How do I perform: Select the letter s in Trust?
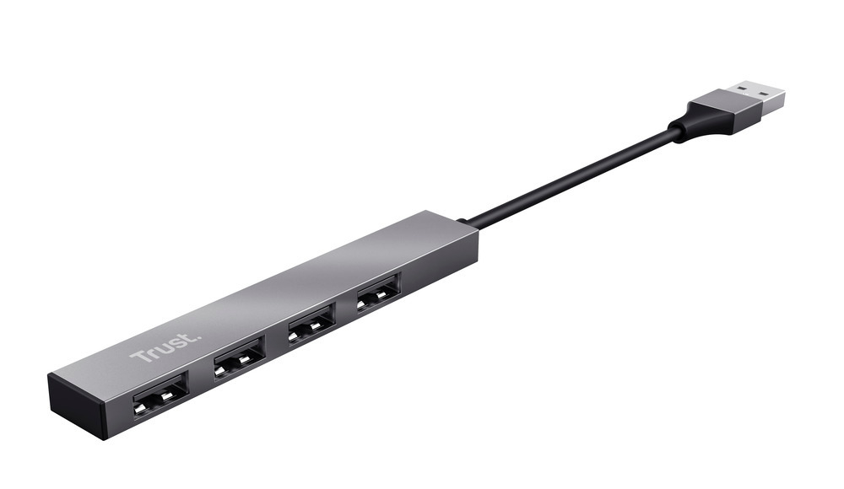(x=167, y=343)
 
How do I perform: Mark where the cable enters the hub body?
(x=467, y=223)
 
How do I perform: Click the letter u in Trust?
(x=158, y=347)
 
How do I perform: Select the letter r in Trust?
(x=148, y=353)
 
